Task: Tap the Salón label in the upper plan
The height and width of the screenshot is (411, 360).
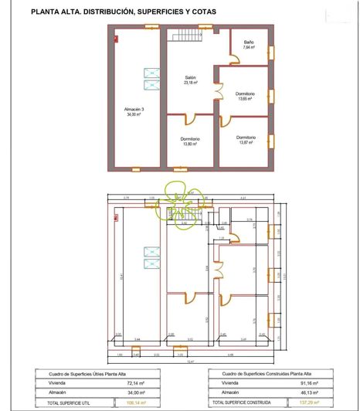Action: pyautogui.click(x=190, y=80)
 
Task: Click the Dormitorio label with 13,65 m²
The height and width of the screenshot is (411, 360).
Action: pyautogui.click(x=246, y=97)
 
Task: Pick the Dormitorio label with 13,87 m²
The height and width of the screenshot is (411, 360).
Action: pyautogui.click(x=246, y=140)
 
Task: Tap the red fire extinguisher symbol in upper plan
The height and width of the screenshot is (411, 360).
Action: pyautogui.click(x=115, y=36)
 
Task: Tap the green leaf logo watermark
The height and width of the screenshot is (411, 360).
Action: pyautogui.click(x=178, y=200)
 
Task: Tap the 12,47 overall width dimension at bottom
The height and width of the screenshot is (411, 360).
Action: pyautogui.click(x=188, y=361)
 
